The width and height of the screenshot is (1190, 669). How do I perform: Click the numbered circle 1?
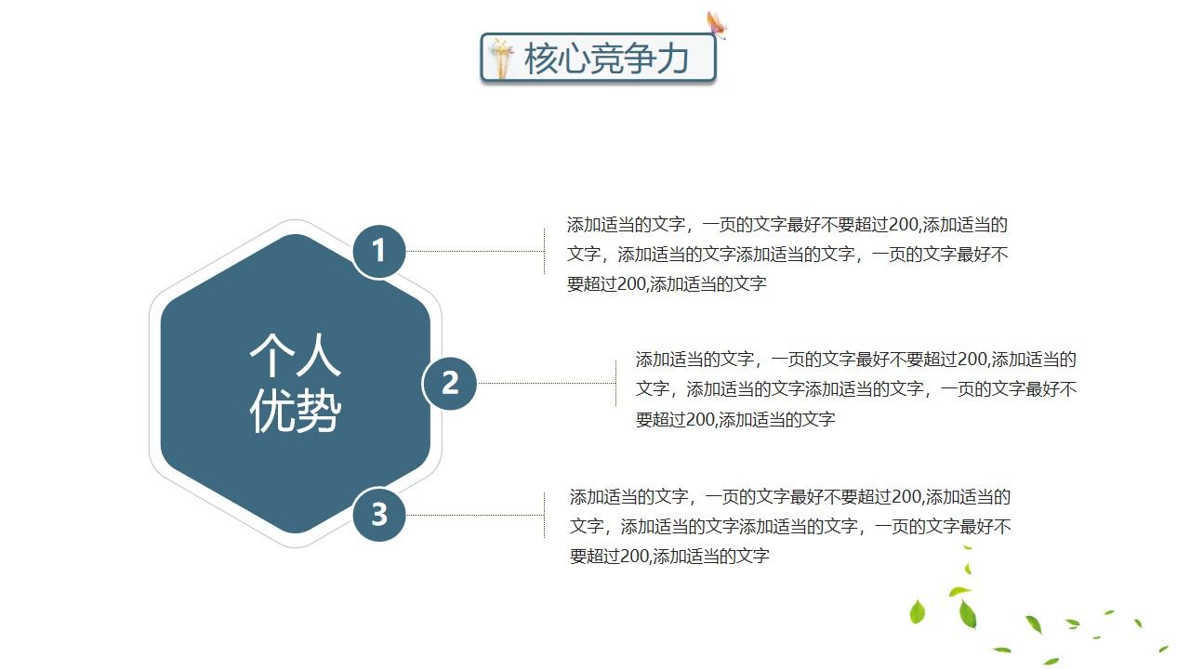pyautogui.click(x=379, y=251)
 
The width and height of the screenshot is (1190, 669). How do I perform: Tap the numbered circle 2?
pyautogui.click(x=450, y=383)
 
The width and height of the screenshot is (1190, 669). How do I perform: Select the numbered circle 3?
pyautogui.click(x=379, y=514)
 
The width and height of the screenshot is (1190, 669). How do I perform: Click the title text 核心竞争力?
pyautogui.click(x=606, y=59)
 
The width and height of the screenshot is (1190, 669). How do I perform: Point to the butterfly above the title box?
pyautogui.click(x=716, y=25)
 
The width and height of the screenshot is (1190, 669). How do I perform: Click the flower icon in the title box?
pyautogui.click(x=502, y=59)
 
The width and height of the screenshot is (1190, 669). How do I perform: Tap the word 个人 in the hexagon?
pyautogui.click(x=295, y=356)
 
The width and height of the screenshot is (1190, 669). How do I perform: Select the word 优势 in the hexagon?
pyautogui.click(x=295, y=411)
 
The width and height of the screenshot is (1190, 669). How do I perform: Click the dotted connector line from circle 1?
pyautogui.click(x=474, y=251)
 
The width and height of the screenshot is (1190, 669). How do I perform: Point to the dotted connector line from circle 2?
pyautogui.click(x=546, y=383)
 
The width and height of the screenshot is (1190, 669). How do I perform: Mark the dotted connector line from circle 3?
pyautogui.click(x=474, y=514)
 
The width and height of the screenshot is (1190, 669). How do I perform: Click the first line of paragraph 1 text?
pyautogui.click(x=787, y=224)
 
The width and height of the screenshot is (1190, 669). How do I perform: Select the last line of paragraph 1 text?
pyautogui.click(x=667, y=284)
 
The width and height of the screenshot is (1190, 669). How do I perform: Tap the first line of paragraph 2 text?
pyautogui.click(x=855, y=359)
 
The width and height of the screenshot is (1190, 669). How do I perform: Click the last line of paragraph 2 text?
pyautogui.click(x=735, y=419)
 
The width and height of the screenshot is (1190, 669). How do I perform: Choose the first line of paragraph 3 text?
pyautogui.click(x=790, y=497)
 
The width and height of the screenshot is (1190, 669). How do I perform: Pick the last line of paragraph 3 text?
pyautogui.click(x=669, y=557)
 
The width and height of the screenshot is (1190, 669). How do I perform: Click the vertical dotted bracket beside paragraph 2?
pyautogui.click(x=615, y=383)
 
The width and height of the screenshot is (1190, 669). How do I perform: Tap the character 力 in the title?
pyautogui.click(x=671, y=59)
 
